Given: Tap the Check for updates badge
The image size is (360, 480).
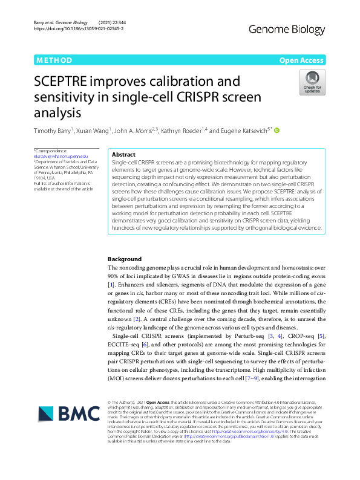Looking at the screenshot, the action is [312, 82].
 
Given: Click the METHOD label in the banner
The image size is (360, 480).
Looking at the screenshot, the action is [54, 60].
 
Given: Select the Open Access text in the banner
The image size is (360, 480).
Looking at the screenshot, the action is [301, 60].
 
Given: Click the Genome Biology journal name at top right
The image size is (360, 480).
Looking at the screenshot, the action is [292, 28].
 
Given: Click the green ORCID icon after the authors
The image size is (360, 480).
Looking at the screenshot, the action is [277, 129].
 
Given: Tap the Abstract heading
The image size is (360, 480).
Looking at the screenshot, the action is [124, 155].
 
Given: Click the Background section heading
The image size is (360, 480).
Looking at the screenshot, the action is [124, 259].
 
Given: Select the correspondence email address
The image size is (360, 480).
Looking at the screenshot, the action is [53, 157].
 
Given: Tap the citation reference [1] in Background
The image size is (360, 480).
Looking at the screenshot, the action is [111, 284].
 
